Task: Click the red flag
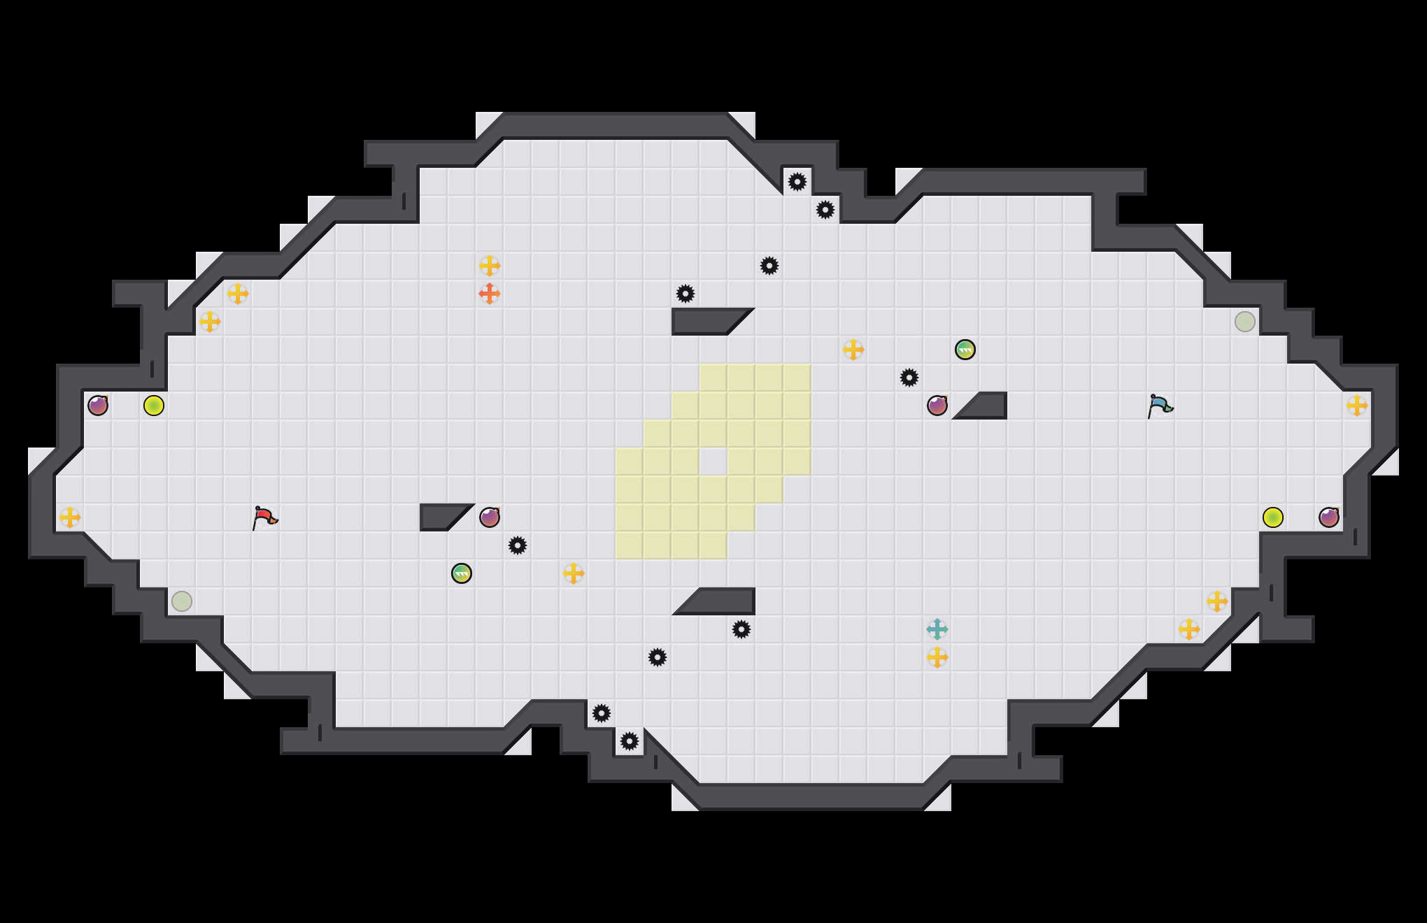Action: point(264,518)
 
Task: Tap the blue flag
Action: point(1160,406)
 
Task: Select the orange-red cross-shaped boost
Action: point(490,294)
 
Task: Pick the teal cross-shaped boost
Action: point(937,629)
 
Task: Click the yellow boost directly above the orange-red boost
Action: point(490,266)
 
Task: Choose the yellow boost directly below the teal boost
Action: point(937,657)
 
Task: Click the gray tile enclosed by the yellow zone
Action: point(713,461)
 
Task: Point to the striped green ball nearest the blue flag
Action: point(965,350)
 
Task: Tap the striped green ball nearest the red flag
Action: point(462,573)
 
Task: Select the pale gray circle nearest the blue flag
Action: point(1245,322)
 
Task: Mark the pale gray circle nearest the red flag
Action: point(182,601)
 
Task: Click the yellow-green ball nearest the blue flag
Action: point(1273,517)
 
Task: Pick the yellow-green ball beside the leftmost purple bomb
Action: point(154,406)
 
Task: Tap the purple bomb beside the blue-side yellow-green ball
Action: point(1329,517)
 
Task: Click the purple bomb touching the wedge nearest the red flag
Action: point(490,517)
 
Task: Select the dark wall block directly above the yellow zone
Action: point(703,321)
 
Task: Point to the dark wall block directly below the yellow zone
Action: point(724,602)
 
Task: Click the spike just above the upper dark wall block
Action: point(686,294)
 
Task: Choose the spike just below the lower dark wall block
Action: point(741,629)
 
